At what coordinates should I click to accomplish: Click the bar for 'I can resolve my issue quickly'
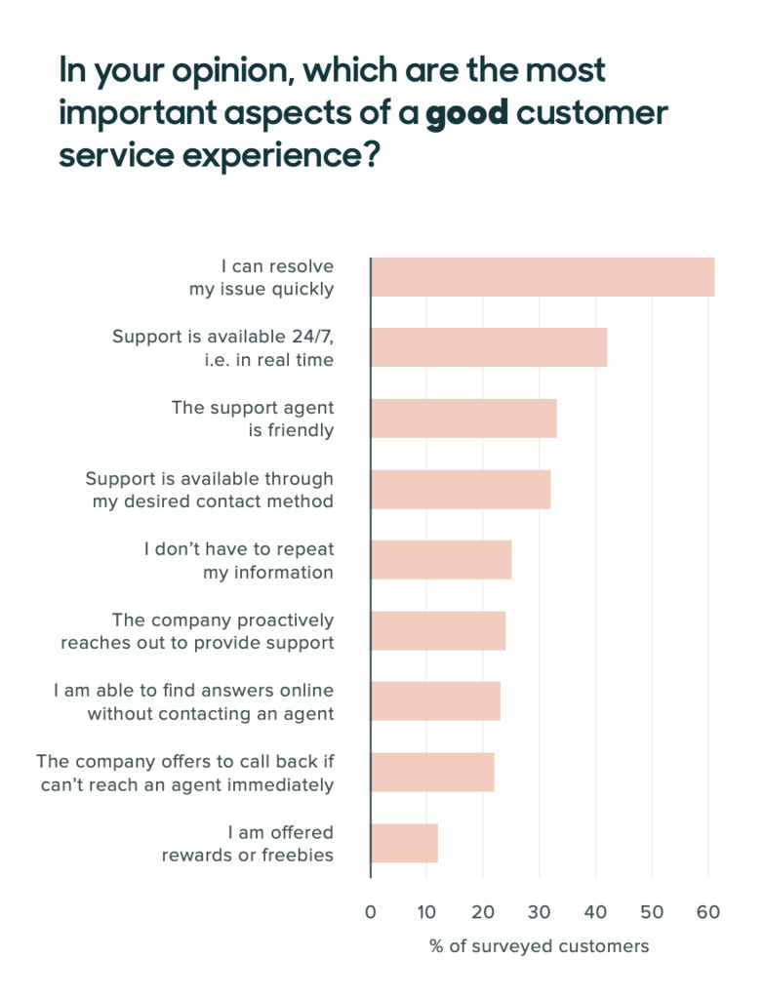543,277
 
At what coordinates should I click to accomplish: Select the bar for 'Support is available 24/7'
489,347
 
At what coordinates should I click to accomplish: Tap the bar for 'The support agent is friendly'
463,419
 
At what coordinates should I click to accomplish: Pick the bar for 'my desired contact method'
461,489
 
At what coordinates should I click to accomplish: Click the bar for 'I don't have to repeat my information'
441,560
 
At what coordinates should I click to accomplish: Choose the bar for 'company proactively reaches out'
438,631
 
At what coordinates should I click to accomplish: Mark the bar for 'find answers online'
435,701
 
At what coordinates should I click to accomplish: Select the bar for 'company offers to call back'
432,773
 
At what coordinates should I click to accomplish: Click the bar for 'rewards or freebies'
405,843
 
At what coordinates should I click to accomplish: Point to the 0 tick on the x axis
371,913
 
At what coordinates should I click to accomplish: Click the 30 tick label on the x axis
539,913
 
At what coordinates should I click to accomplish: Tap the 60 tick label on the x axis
707,913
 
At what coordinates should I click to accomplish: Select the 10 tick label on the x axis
426,913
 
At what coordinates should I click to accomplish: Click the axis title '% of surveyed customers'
539,947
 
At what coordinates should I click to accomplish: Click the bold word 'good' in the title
466,113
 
